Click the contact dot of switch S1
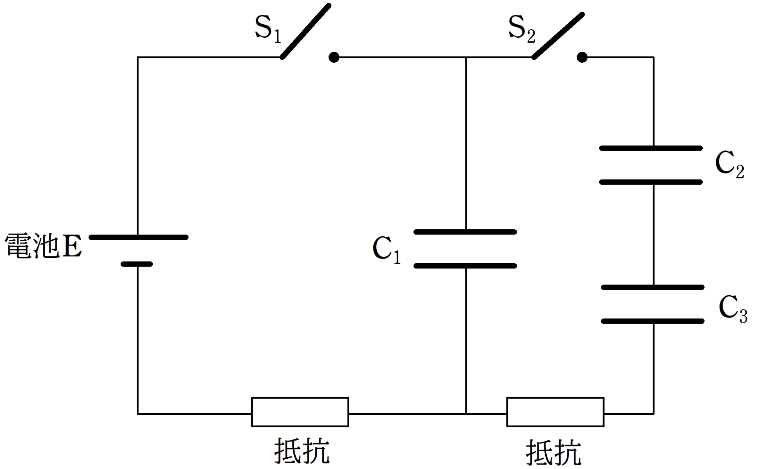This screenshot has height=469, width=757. click(x=334, y=57)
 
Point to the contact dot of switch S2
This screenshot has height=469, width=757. click(x=582, y=57)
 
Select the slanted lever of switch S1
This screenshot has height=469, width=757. click(x=305, y=31)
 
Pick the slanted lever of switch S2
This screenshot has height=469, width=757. click(x=558, y=36)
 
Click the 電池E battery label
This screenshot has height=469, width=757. click(x=43, y=246)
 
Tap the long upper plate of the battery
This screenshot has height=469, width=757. click(x=139, y=237)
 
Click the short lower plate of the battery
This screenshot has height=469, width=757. click(x=137, y=264)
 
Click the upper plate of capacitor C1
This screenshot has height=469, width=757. click(x=465, y=232)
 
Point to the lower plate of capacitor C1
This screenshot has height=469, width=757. click(x=465, y=266)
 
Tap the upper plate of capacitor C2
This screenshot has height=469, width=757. click(x=651, y=148)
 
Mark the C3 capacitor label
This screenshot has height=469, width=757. click(x=733, y=308)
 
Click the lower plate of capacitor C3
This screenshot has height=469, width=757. click(x=652, y=321)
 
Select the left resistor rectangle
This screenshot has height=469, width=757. click(x=300, y=412)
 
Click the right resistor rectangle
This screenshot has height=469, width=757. click(x=555, y=412)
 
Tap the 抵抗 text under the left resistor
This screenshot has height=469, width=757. click(x=302, y=451)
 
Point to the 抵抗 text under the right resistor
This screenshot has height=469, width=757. click(x=553, y=452)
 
